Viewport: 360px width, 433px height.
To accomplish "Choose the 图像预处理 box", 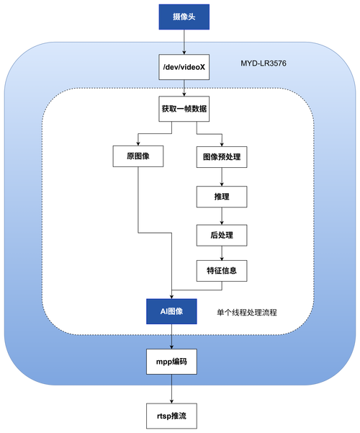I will tap(222, 156).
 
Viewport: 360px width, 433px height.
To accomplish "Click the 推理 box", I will tap(222, 195).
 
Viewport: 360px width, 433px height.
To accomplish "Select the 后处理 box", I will tap(222, 234).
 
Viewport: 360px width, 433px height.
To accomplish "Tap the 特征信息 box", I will tap(222, 271).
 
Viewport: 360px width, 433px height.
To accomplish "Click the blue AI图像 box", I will tap(171, 311).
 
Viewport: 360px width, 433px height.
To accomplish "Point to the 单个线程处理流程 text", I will tap(247, 313).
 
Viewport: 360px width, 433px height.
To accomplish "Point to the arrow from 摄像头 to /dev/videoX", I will tap(186, 45).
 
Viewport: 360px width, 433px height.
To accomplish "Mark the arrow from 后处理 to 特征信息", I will tap(222, 253).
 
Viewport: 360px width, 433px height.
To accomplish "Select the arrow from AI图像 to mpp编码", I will tap(171, 336).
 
